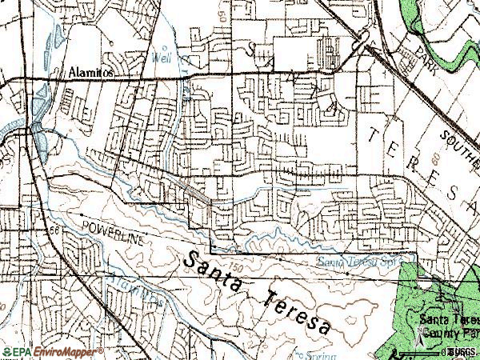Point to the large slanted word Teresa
296,311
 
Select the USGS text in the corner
465,351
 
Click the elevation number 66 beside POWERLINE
54,230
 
